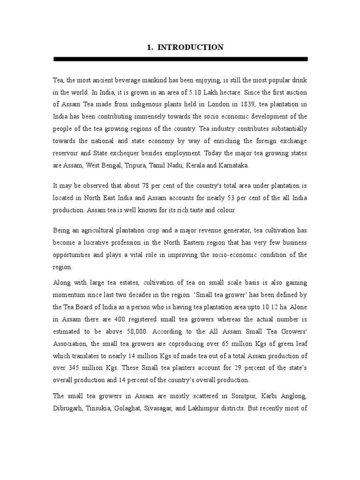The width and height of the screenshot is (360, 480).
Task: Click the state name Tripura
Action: click(147, 165)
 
